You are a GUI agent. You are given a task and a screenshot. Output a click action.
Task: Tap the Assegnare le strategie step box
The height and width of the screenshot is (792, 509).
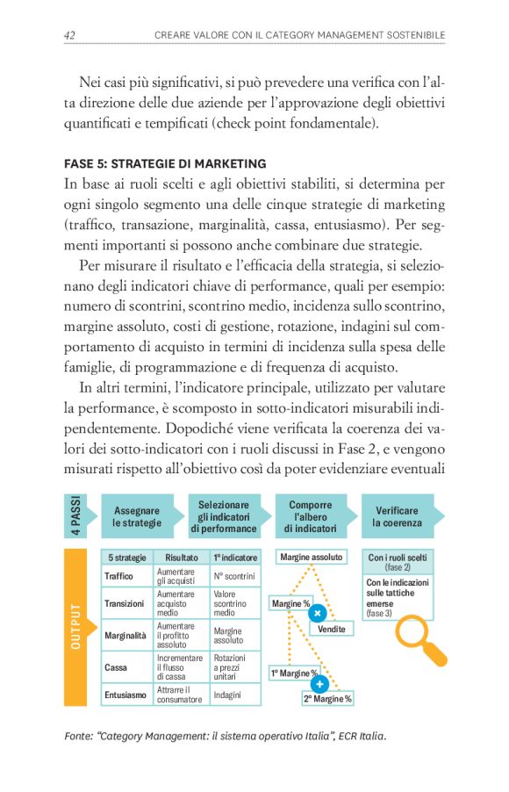(138, 516)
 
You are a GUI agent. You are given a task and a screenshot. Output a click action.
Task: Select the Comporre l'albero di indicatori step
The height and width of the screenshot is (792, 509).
(310, 516)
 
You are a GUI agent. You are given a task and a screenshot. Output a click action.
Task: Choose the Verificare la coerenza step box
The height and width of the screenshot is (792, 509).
(398, 516)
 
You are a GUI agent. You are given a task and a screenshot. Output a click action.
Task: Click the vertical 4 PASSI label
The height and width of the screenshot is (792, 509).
(75, 516)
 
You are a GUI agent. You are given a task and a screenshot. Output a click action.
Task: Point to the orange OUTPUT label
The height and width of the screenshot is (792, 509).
(75, 627)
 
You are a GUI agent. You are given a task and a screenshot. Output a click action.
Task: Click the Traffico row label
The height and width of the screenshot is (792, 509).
(119, 576)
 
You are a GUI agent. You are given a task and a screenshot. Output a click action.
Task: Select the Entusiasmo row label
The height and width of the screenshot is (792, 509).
(125, 695)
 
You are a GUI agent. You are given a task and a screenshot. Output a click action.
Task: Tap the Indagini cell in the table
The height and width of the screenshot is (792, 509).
(227, 695)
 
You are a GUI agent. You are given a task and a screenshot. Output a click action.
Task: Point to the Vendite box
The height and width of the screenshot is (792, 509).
(331, 629)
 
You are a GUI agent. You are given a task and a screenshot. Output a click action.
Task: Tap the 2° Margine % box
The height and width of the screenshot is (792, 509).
(327, 699)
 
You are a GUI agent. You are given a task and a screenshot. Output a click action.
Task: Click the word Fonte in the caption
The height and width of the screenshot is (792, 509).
(80, 736)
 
